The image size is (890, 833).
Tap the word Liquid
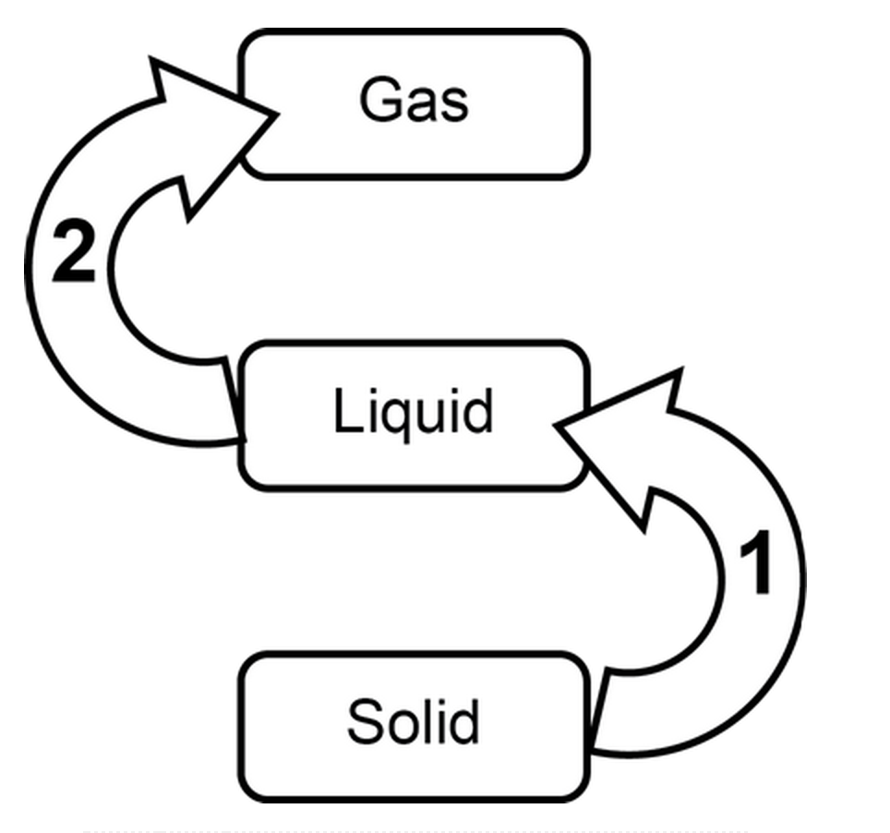coord(413,412)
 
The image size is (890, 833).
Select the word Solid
coord(413,721)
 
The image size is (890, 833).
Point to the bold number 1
coord(756,564)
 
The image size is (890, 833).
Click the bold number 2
coord(73,250)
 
